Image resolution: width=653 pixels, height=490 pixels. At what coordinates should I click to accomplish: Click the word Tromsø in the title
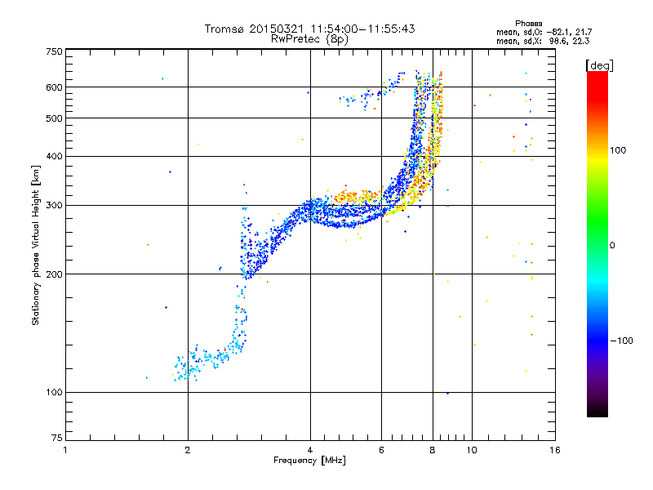click(x=224, y=29)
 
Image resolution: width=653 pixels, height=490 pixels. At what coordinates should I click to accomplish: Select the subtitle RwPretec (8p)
click(x=309, y=39)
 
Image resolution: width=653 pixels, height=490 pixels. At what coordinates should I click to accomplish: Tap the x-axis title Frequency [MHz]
click(x=309, y=460)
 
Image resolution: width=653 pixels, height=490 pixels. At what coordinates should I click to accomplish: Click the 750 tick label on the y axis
click(x=54, y=51)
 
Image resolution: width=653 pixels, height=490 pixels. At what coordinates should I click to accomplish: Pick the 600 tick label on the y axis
click(x=54, y=87)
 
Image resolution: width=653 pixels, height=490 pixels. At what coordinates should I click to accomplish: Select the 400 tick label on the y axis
click(x=54, y=156)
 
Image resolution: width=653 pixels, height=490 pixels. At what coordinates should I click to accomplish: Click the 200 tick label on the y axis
click(x=54, y=274)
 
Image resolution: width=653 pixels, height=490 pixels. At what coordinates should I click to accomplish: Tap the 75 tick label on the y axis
click(x=56, y=438)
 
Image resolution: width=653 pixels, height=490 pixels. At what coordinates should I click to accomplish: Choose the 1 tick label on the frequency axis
click(x=65, y=450)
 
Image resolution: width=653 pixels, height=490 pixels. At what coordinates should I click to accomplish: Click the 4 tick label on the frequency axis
click(x=310, y=450)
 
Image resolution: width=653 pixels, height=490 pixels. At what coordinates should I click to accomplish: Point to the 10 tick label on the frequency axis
click(x=472, y=450)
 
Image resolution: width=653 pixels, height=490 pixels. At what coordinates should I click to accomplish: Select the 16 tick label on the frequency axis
click(x=555, y=450)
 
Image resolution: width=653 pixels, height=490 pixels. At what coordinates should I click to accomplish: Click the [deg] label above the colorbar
click(x=599, y=65)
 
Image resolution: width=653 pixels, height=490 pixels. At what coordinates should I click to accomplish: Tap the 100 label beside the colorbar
click(x=618, y=150)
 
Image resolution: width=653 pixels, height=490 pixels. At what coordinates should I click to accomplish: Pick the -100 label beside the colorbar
click(x=622, y=341)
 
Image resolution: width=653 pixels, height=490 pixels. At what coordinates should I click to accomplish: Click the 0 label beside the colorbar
click(x=612, y=246)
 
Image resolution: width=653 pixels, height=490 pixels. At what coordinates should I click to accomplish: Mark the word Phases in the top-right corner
click(x=528, y=24)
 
